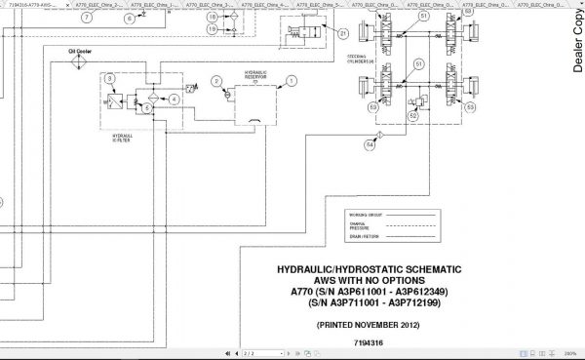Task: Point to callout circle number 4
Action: click(175, 99)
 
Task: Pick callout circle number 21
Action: click(343, 34)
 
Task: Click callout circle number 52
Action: click(413, 115)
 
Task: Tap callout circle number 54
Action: click(370, 146)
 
